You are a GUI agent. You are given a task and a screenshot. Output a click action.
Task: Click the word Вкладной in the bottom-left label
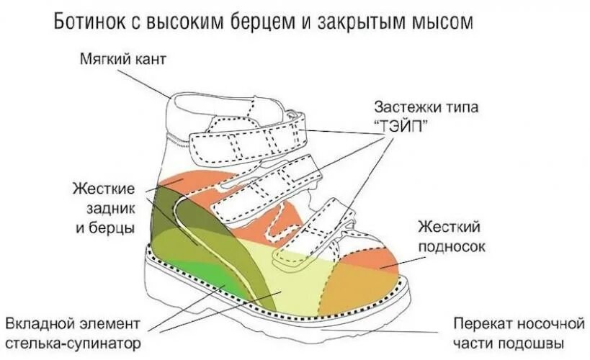click(39, 322)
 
